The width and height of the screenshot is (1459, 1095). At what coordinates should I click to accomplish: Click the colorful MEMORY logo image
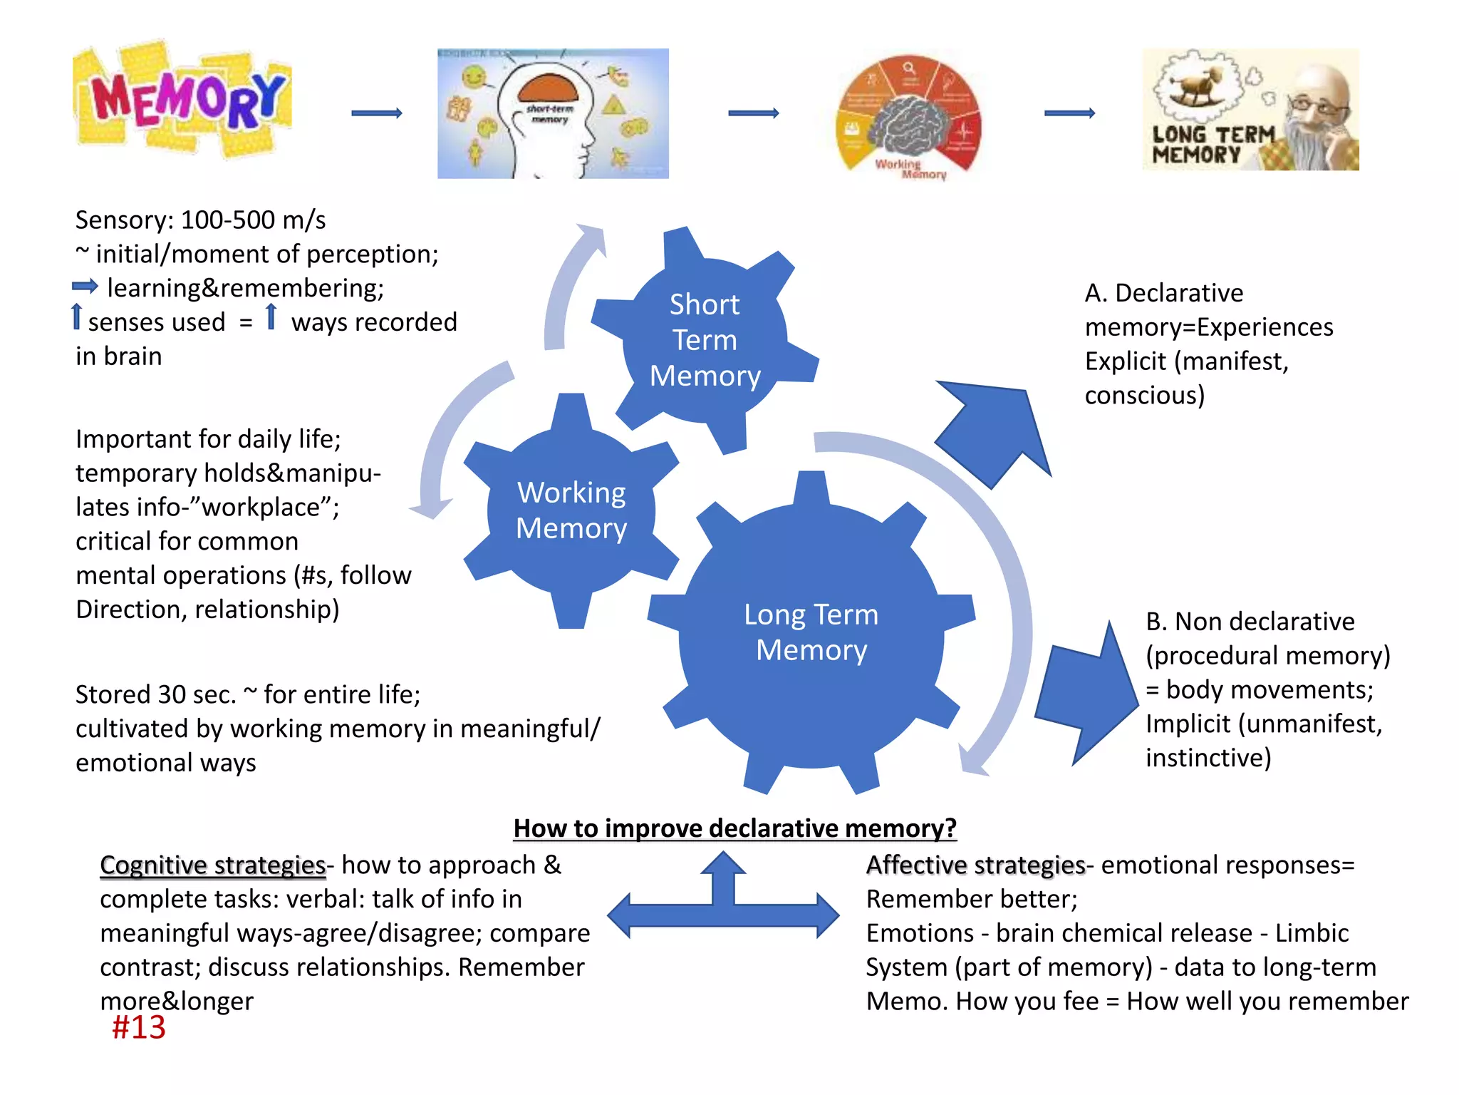(182, 100)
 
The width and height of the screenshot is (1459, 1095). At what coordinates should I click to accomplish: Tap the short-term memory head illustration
(553, 113)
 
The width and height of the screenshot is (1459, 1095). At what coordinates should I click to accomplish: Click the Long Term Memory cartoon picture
(1250, 110)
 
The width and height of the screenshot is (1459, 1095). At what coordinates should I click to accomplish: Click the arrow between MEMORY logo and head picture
(377, 113)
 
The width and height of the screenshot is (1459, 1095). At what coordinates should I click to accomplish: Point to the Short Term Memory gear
(705, 340)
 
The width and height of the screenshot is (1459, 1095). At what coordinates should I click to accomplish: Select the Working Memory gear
(571, 510)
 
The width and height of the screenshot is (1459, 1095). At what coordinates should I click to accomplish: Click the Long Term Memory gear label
(811, 632)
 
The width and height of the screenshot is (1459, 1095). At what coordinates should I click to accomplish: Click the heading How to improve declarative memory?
(734, 828)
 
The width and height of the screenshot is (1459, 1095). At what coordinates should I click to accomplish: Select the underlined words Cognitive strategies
(212, 865)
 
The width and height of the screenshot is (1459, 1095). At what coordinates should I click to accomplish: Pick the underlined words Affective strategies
(975, 865)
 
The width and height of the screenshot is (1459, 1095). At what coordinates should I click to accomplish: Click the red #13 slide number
(139, 1027)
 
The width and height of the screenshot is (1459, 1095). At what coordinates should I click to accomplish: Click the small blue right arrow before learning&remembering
(85, 287)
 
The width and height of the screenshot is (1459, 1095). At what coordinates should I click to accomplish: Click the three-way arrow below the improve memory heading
(723, 903)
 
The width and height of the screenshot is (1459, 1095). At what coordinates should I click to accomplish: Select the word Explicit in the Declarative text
(1126, 361)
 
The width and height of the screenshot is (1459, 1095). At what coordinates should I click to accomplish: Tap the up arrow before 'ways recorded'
(271, 317)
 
